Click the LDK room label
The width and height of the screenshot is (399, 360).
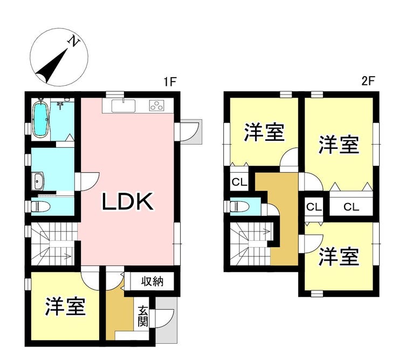(x=128, y=201)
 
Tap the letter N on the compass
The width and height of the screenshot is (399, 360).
(x=73, y=41)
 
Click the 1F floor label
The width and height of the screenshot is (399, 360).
(x=170, y=82)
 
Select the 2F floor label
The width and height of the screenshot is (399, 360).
(x=368, y=81)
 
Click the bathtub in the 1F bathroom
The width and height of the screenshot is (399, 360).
(x=40, y=119)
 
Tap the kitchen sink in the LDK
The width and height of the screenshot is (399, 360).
(x=123, y=105)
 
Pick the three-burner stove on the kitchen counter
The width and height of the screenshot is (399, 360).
(x=156, y=105)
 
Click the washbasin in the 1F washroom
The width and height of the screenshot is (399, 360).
(x=38, y=182)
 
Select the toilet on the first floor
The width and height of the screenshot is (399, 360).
(x=40, y=206)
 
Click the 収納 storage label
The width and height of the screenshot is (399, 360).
(x=152, y=282)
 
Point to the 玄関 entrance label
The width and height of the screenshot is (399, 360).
(x=143, y=317)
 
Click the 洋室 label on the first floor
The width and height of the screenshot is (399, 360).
(x=65, y=307)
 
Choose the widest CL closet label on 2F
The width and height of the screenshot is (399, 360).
(x=351, y=207)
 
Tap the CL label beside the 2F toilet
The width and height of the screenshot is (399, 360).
(x=239, y=182)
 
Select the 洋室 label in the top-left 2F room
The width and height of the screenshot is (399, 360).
(x=264, y=132)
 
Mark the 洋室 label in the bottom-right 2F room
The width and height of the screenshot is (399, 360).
(x=339, y=256)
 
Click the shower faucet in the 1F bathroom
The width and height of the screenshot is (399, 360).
(x=60, y=105)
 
